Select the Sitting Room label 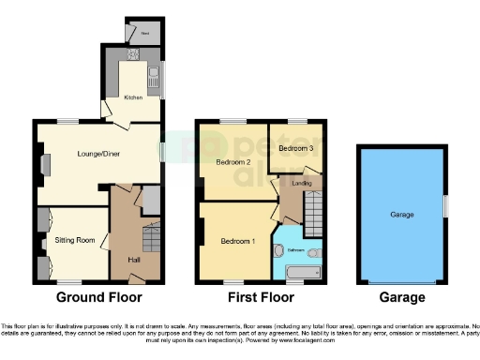(x=75, y=241)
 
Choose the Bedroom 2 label (x=232, y=162)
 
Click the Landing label (x=302, y=184)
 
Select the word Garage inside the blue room (x=401, y=215)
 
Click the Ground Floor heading (x=99, y=297)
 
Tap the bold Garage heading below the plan (x=401, y=297)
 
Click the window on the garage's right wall (x=444, y=205)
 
